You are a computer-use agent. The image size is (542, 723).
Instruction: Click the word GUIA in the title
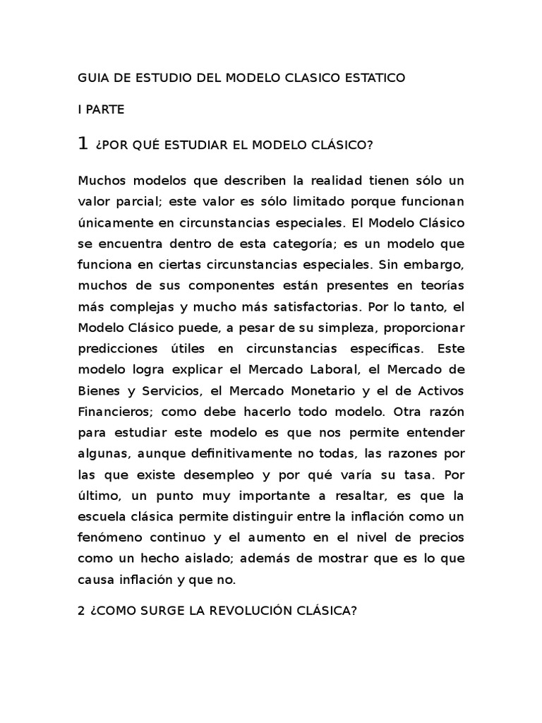[x=92, y=78]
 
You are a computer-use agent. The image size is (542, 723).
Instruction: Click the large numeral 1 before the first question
[x=83, y=144]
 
